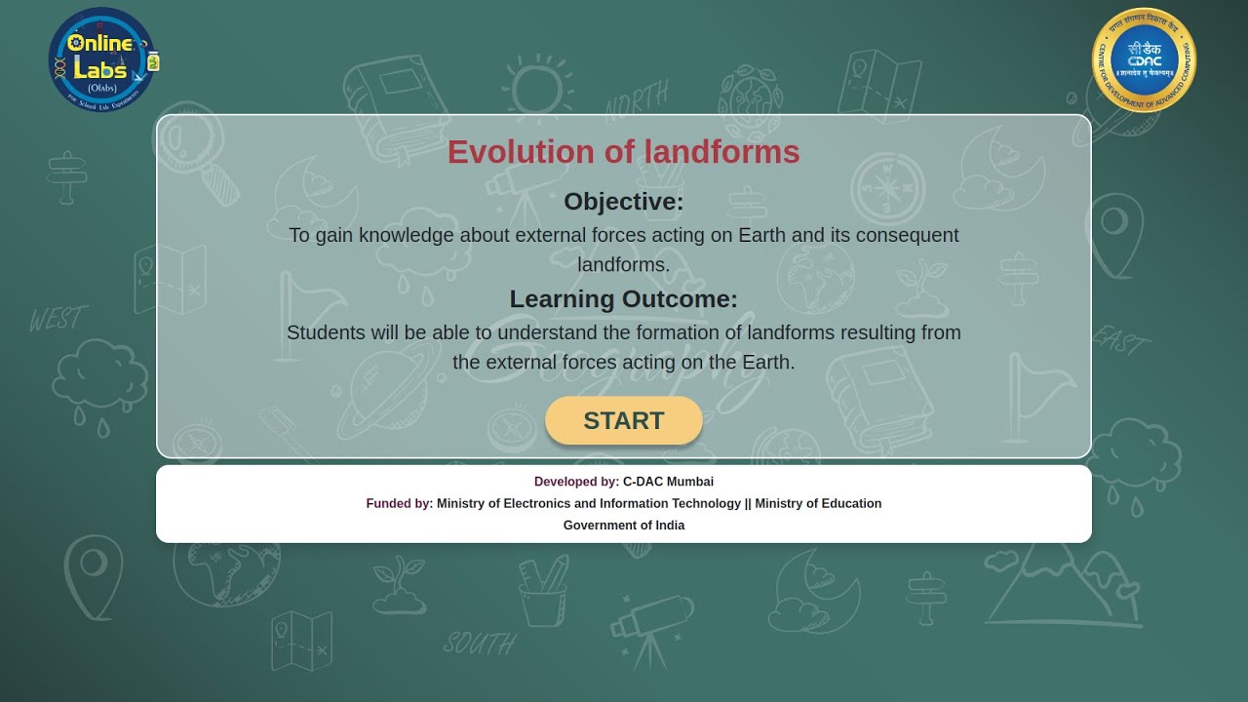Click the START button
pos(623,420)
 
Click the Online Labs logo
pos(102,59)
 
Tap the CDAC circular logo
pos(1144,60)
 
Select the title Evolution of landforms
pos(623,152)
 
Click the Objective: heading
pos(623,202)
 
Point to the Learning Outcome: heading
pos(623,298)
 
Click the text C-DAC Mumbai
pos(668,482)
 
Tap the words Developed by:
pos(576,482)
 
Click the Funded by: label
pos(399,503)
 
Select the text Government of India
pos(623,526)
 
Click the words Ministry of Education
pos(818,503)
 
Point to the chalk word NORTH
pos(636,97)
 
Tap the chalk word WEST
pos(58,319)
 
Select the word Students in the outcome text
pos(326,332)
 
